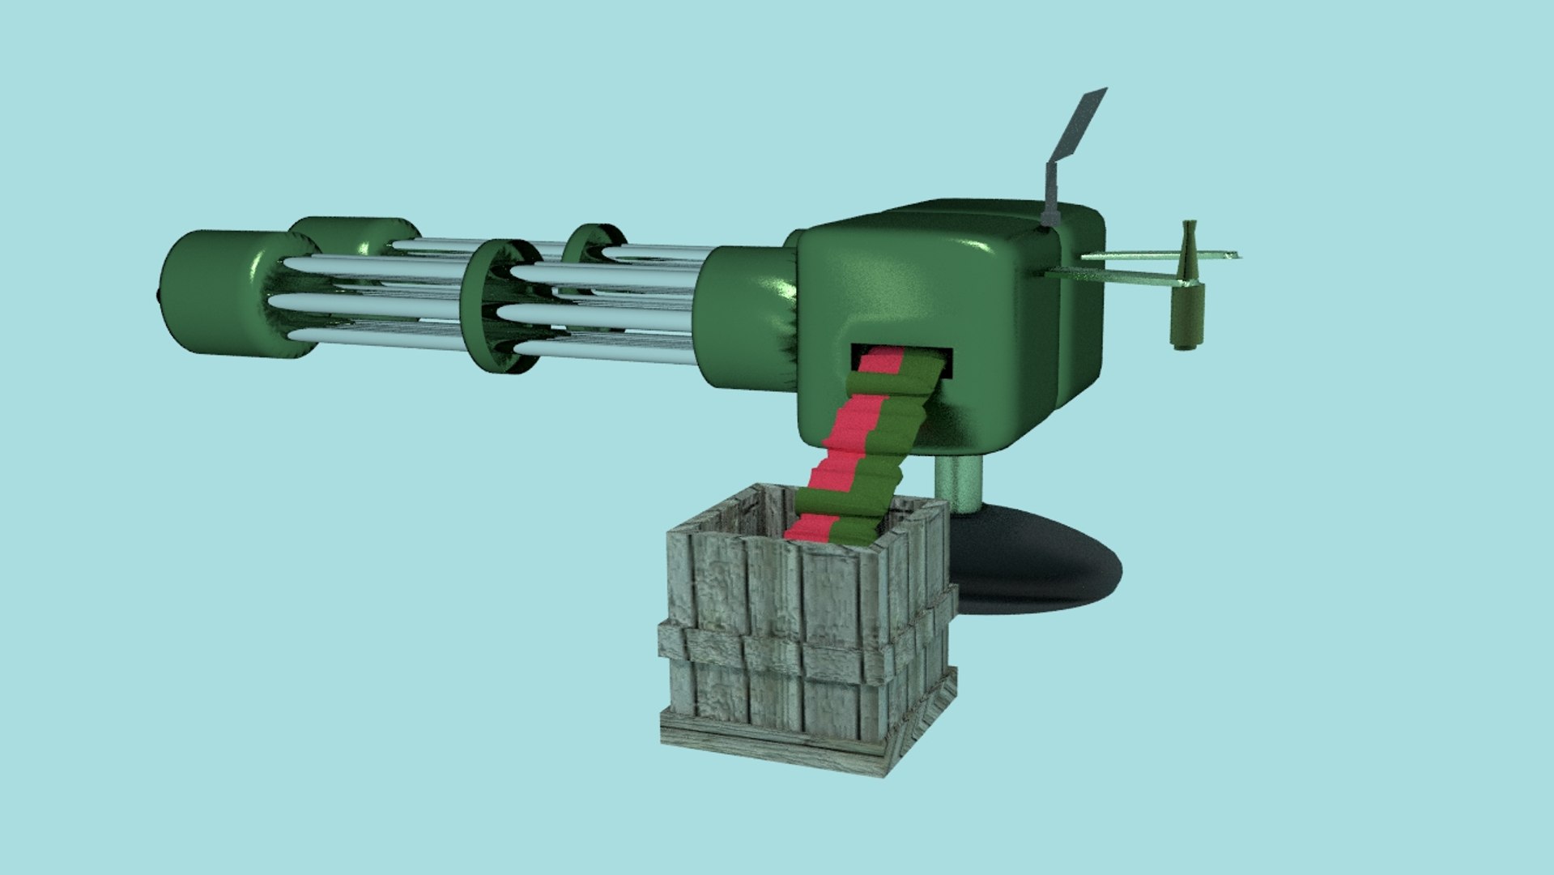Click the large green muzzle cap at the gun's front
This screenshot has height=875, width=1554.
point(211,292)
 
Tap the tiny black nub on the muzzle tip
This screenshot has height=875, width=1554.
point(156,294)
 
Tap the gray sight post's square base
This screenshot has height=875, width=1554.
point(1050,216)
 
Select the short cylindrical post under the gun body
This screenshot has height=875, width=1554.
point(960,482)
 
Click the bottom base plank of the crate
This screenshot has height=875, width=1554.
point(769,749)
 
